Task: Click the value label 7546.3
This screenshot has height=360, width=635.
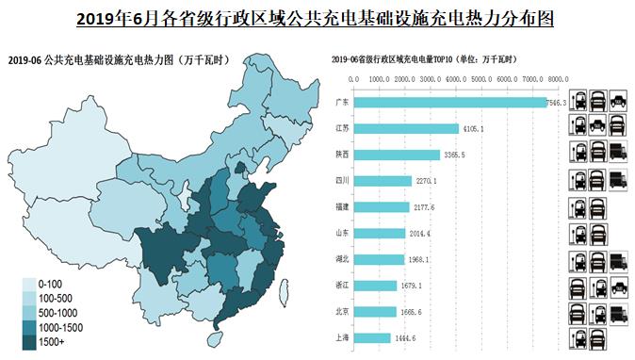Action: point(558,102)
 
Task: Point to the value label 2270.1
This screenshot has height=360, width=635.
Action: point(426,180)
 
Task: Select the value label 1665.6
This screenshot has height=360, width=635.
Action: point(411,311)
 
